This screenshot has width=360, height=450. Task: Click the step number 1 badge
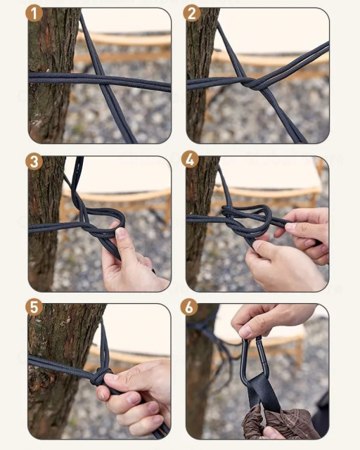tap(34, 13)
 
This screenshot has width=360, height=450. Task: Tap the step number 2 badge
tap(192, 13)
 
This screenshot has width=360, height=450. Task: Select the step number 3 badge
tap(34, 162)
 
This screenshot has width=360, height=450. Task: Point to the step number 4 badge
tap(190, 160)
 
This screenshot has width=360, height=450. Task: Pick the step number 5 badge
tap(34, 307)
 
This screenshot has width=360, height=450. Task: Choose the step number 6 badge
tap(189, 307)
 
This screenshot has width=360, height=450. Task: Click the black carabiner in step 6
tap(255, 361)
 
